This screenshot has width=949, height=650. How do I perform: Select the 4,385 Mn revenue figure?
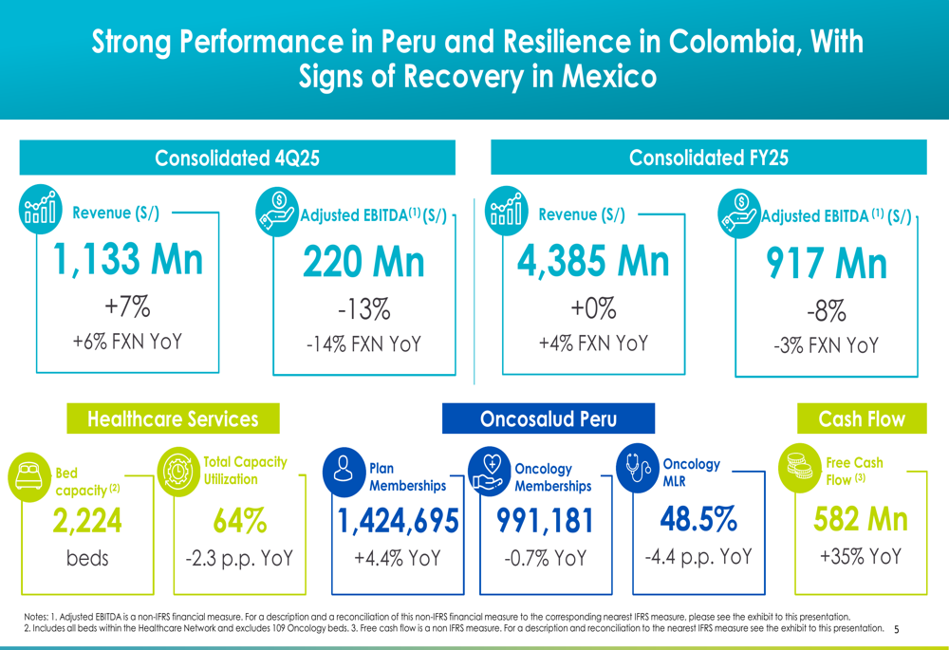(593, 258)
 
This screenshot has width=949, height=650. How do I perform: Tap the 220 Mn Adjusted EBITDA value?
(363, 262)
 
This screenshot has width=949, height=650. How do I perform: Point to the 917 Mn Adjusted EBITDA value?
(826, 264)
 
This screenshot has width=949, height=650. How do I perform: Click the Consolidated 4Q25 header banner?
(237, 158)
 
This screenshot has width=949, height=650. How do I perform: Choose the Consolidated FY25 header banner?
(708, 158)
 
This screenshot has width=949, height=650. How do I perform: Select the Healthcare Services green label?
(173, 418)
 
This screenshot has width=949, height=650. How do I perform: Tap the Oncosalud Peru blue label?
(549, 418)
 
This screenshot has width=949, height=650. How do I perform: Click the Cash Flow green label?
(862, 418)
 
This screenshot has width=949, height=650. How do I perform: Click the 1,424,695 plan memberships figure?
(399, 521)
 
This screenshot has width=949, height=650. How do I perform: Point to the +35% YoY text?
(861, 556)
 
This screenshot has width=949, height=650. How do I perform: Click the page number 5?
(897, 628)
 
